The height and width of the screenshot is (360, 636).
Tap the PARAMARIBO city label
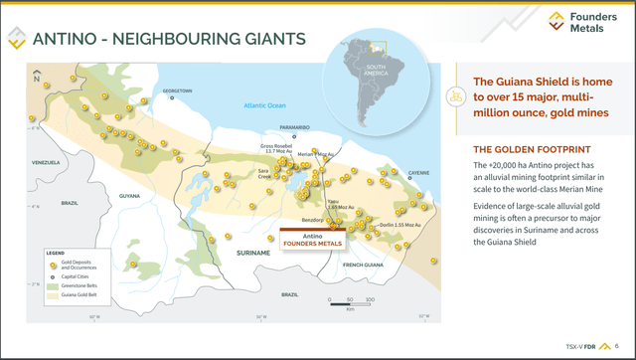coord(295,128)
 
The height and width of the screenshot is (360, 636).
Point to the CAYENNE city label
coord(419,173)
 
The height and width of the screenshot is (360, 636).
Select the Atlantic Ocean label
coord(265,105)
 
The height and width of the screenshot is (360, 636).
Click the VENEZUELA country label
coord(46,162)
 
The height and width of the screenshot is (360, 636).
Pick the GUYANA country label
coord(130,196)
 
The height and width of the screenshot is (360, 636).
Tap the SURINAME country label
coord(254,254)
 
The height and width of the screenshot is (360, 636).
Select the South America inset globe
coord(373,77)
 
